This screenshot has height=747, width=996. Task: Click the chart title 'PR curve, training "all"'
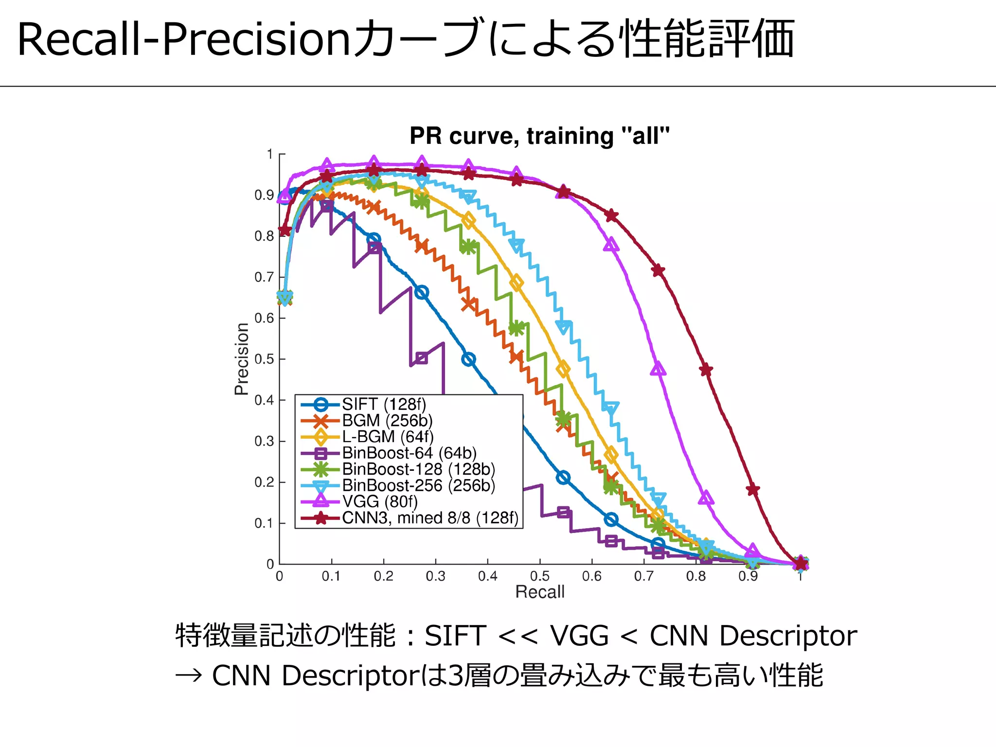[539, 136]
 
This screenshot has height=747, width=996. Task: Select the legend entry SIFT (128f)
[384, 404]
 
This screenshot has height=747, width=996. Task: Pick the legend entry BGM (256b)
[387, 420]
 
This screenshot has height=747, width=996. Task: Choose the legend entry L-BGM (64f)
[388, 437]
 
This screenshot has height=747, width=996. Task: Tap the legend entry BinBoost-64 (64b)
[409, 453]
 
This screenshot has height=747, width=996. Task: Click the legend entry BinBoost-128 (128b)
[418, 469]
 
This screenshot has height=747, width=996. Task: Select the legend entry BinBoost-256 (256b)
[418, 485]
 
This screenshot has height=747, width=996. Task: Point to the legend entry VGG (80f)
[380, 501]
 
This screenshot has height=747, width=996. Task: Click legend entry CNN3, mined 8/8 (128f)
[430, 518]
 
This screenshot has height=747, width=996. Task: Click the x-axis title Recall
[539, 592]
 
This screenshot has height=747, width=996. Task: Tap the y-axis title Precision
[242, 359]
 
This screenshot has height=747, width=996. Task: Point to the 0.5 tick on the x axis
[539, 576]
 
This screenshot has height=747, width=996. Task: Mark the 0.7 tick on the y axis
[264, 277]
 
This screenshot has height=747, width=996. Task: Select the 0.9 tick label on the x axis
[747, 576]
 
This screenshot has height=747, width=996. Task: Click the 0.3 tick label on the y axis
[264, 441]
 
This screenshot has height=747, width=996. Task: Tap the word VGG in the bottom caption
[579, 636]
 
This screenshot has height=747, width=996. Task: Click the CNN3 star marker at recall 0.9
[753, 490]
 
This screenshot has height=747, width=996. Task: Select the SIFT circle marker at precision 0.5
[468, 360]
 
